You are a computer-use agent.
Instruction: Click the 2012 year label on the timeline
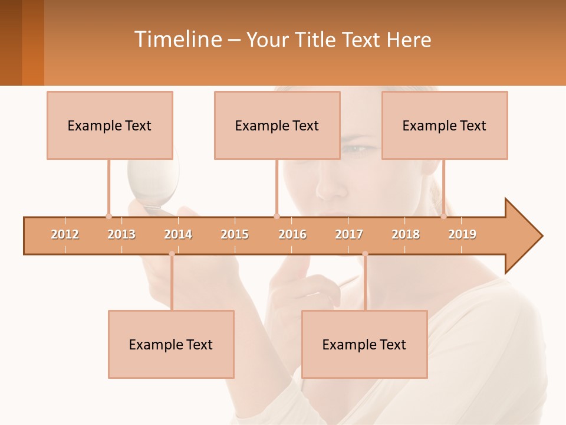tap(65, 234)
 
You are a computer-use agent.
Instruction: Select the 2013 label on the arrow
tap(121, 234)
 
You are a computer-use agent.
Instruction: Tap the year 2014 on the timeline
tap(178, 234)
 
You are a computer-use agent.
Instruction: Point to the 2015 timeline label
tap(235, 234)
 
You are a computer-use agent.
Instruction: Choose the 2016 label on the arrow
tap(292, 234)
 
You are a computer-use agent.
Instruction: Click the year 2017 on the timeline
tap(349, 234)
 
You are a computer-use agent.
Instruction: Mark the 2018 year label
tap(406, 234)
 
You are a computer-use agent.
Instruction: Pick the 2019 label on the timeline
tap(462, 234)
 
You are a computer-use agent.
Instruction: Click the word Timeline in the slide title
tap(177, 40)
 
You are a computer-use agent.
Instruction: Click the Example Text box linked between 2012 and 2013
tap(110, 125)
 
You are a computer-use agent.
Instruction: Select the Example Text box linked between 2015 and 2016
tap(277, 125)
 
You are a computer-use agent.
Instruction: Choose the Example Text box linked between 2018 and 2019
tap(445, 125)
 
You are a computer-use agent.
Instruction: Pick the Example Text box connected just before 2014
tap(171, 344)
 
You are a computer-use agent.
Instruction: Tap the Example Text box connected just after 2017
tap(364, 344)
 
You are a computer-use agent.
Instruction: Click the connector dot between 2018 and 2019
tap(443, 216)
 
